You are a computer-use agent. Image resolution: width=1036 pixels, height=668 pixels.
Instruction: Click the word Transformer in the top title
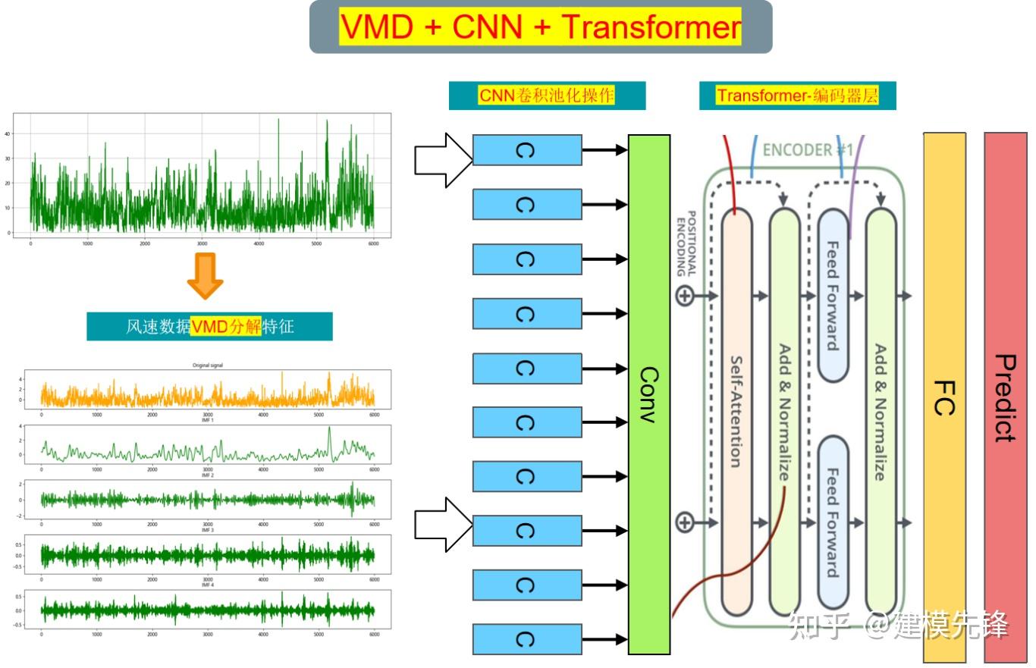click(x=651, y=27)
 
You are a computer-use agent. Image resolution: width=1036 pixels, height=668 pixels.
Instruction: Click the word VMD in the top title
click(x=377, y=27)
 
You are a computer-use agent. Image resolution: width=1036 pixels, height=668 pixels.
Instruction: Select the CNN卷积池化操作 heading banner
click(x=547, y=96)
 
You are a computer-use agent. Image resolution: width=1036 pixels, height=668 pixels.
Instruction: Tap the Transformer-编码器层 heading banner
click(x=797, y=96)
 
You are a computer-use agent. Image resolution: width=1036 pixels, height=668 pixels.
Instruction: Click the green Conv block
click(x=649, y=394)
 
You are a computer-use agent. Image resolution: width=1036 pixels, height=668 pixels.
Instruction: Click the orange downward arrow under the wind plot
click(x=205, y=276)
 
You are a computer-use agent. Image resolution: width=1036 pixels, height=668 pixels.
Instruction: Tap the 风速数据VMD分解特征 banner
click(x=209, y=327)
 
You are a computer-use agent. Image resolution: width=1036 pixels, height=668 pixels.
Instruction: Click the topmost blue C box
click(x=527, y=150)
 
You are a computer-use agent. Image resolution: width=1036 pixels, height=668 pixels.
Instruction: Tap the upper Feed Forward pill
click(x=833, y=296)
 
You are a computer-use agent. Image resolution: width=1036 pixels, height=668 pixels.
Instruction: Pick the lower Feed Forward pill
click(x=833, y=523)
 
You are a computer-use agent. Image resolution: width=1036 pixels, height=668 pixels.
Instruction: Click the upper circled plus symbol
click(x=685, y=296)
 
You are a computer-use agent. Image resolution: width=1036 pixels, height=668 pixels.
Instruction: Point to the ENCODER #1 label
click(x=807, y=150)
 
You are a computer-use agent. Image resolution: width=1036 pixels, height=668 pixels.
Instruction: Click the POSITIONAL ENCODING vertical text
click(x=686, y=243)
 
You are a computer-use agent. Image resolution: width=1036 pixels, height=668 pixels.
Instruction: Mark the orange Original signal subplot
click(x=207, y=389)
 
